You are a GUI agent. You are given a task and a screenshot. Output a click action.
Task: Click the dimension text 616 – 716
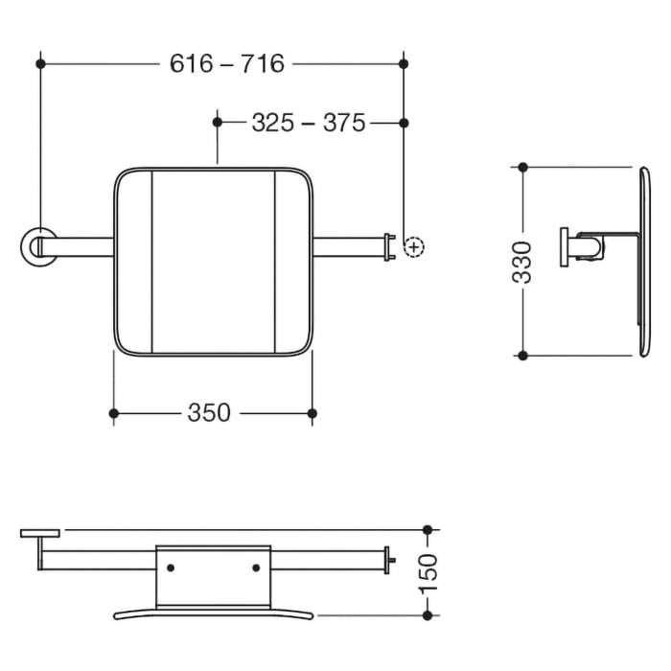227,63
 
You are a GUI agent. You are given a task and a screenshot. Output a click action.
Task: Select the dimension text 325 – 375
309,123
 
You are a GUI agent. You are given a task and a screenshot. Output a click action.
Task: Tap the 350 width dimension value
209,413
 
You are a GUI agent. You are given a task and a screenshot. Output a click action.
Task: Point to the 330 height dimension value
522,262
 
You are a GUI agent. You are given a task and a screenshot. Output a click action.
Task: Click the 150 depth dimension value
428,572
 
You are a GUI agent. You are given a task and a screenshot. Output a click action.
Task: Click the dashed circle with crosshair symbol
413,247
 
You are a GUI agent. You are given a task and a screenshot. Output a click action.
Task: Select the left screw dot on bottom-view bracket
171,567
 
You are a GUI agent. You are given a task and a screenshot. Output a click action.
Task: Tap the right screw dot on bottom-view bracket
256,567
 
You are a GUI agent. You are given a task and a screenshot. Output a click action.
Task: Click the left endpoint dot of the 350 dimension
114,413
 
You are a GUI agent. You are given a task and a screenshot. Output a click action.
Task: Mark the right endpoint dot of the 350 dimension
312,413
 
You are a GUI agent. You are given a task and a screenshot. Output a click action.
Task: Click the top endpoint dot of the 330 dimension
522,167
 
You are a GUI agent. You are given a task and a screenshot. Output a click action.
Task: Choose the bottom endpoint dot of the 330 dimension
522,356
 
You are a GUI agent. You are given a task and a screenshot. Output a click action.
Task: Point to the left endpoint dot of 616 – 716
40,63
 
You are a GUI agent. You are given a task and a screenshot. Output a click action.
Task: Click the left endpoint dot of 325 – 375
219,123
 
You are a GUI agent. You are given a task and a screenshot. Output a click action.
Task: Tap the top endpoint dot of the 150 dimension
428,529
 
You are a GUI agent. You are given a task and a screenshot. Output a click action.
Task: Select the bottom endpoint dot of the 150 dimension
428,614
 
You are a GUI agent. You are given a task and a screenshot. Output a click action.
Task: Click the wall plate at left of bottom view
40,532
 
